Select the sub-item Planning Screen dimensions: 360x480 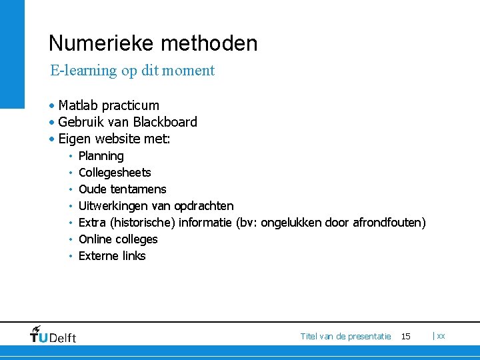tap(101, 156)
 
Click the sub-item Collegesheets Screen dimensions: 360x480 tap(115, 173)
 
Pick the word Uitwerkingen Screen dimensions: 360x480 tap(115, 206)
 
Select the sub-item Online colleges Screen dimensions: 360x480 tap(118, 239)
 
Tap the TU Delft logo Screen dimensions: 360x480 tap(53, 335)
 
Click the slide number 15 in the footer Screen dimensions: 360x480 tap(406, 337)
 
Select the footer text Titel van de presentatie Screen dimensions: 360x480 tap(345, 337)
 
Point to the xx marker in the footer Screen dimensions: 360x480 tap(441, 337)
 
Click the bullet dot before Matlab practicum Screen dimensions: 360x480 tap(51, 106)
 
